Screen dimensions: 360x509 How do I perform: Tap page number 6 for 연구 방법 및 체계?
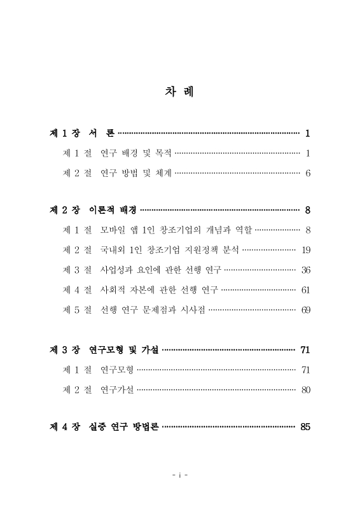coord(307,173)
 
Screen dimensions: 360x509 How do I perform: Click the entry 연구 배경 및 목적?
coord(136,153)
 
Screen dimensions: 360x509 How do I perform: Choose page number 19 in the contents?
coord(306,249)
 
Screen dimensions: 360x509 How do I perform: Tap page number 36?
coord(306,270)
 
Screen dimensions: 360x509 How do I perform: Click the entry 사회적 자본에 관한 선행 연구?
coord(159,290)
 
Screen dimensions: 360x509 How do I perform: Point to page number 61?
coord(306,290)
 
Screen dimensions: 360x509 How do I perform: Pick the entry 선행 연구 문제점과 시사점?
coord(153,310)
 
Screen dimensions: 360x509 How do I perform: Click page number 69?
coord(306,310)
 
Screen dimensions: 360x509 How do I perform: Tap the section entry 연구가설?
coord(117,389)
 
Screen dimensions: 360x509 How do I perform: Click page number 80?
coord(306,389)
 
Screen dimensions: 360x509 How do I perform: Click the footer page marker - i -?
coord(180,475)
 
